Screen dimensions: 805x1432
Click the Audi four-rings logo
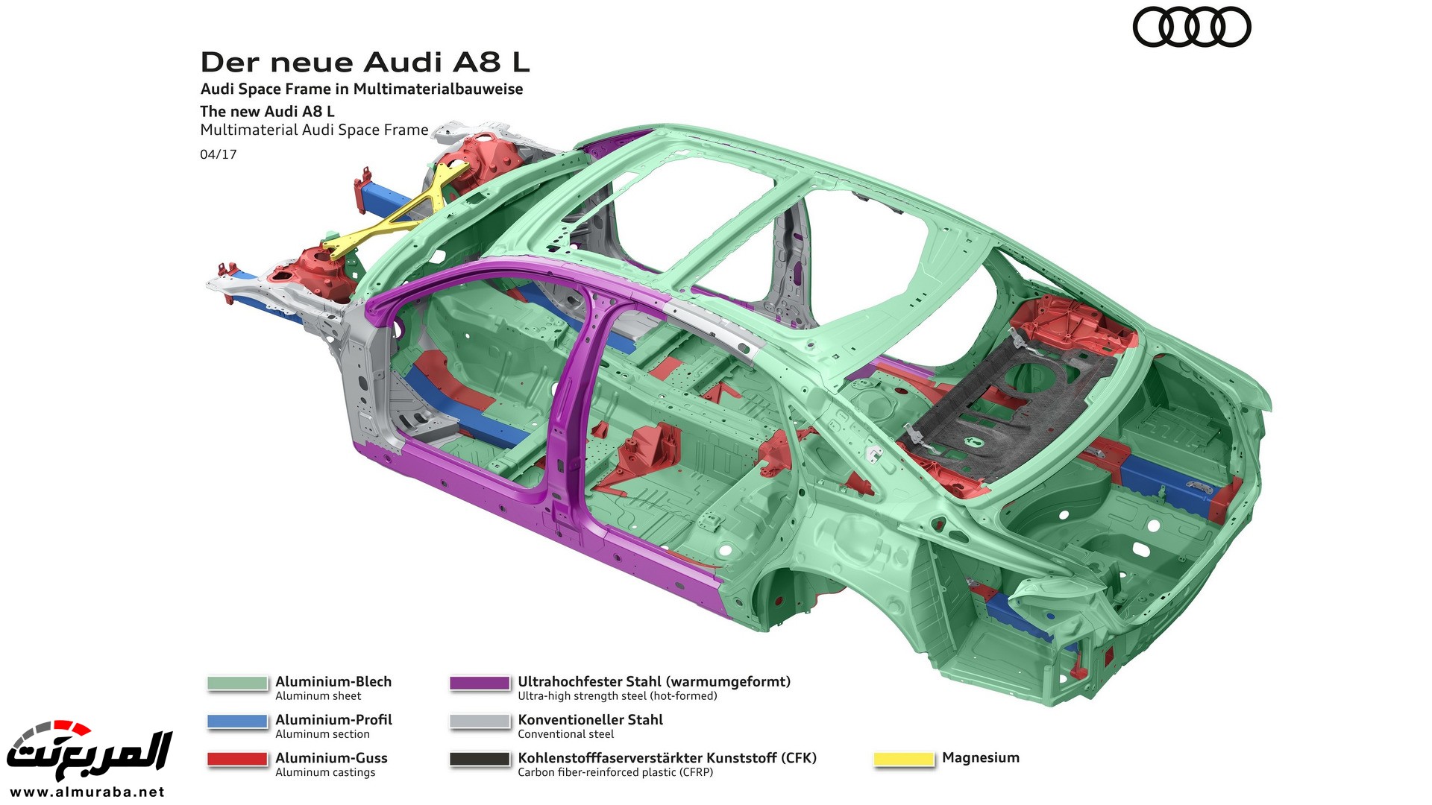tap(1191, 28)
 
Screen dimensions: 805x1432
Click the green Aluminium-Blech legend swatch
tap(237, 683)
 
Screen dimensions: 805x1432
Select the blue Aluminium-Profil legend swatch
tap(237, 721)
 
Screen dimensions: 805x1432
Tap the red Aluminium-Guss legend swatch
tap(237, 759)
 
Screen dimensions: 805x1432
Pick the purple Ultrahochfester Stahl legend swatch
tap(480, 683)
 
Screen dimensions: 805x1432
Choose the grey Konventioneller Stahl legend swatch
tap(480, 721)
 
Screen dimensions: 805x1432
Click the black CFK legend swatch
tap(480, 759)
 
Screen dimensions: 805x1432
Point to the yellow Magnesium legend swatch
tap(903, 759)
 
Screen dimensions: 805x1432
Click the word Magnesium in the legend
tap(980, 757)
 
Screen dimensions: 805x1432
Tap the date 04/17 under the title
tap(218, 154)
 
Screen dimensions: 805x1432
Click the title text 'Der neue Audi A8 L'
tap(365, 62)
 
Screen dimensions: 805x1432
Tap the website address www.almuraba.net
tap(87, 792)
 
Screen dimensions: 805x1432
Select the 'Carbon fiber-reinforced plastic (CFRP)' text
tap(615, 772)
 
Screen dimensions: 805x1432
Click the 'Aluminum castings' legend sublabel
tap(325, 772)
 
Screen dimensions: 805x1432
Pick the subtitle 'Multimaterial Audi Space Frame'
tap(314, 130)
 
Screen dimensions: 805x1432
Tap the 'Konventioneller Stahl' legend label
tap(590, 719)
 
